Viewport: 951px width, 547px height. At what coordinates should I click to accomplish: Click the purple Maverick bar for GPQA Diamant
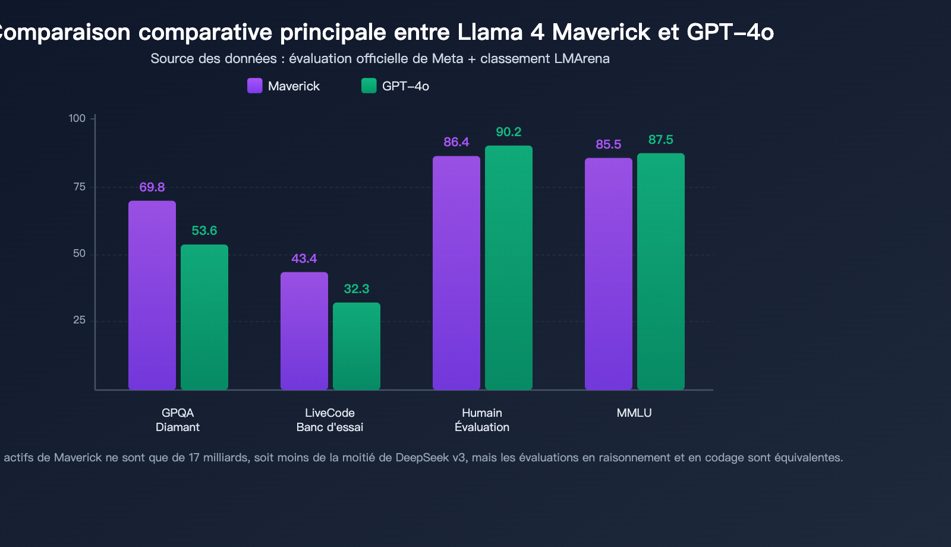pyautogui.click(x=152, y=295)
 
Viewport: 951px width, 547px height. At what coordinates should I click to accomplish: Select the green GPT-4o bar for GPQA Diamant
pyautogui.click(x=204, y=317)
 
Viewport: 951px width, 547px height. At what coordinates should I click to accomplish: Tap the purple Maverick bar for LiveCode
pyautogui.click(x=304, y=331)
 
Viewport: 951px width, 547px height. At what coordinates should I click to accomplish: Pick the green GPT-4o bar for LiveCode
pyautogui.click(x=357, y=346)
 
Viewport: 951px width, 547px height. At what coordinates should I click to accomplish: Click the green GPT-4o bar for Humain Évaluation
pyautogui.click(x=509, y=268)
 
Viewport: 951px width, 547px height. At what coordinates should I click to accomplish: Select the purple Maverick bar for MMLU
pyautogui.click(x=609, y=273)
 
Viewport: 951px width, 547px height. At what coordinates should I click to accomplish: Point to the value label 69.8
pyautogui.click(x=152, y=187)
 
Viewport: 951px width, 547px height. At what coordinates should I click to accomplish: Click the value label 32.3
pyautogui.click(x=357, y=289)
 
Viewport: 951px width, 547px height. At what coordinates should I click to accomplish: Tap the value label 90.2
pyautogui.click(x=509, y=132)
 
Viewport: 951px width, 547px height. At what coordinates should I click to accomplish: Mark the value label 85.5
pyautogui.click(x=609, y=144)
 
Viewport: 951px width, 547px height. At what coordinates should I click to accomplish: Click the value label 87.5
pyautogui.click(x=661, y=140)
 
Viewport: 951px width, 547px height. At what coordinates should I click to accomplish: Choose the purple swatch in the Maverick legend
pyautogui.click(x=255, y=86)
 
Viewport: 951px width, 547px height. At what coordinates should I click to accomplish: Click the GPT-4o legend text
pyautogui.click(x=405, y=86)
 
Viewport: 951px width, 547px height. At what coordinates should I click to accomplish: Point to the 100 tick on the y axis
pyautogui.click(x=77, y=118)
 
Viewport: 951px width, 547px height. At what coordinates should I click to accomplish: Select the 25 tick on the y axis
pyautogui.click(x=80, y=320)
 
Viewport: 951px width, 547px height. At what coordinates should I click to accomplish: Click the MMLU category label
pyautogui.click(x=634, y=413)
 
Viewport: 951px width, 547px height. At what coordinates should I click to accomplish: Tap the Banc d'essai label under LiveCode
pyautogui.click(x=330, y=427)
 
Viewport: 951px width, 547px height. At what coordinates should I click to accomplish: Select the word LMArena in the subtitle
pyautogui.click(x=581, y=58)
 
